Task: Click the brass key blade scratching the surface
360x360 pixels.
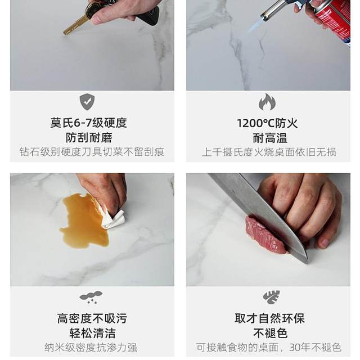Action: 74,27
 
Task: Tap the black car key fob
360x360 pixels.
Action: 149,16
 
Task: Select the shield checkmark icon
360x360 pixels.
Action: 87,102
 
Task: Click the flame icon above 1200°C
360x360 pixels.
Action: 267,102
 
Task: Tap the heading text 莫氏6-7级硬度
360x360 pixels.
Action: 89,123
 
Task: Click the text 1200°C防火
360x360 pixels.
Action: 267,124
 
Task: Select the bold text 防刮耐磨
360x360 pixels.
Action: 89,138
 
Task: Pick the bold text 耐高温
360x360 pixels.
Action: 270,138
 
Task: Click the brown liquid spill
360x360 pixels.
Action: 84,221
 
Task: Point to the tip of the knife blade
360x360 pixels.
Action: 307,263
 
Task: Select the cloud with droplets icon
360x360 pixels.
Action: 91,298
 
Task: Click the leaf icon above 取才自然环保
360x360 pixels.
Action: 271,298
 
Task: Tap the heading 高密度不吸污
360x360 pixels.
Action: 92,318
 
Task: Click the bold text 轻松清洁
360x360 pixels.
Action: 92,333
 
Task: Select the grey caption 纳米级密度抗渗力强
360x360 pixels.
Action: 91,348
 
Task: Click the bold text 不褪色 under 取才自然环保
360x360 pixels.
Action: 270,333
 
